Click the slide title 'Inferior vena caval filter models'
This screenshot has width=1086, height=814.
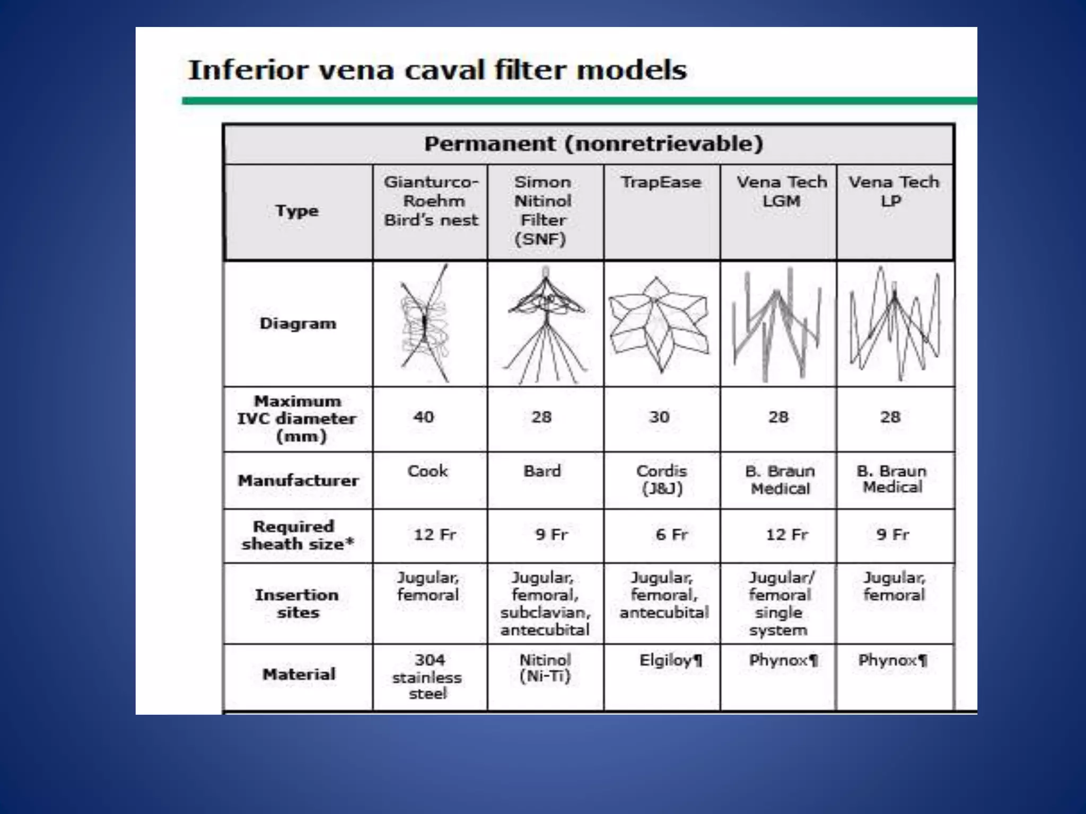(437, 70)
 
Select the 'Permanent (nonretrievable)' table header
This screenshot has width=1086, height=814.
(593, 144)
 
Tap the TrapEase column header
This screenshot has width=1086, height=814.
(661, 182)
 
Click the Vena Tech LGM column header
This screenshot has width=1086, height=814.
(781, 191)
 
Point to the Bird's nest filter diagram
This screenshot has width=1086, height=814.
(425, 323)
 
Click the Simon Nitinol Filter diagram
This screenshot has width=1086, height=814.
(545, 323)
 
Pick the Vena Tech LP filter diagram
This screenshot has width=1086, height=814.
(895, 323)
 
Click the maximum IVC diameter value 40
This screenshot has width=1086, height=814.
(424, 417)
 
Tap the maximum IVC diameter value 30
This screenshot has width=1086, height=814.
(659, 417)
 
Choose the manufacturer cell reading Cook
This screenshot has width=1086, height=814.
(427, 471)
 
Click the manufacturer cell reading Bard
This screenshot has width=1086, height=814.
(542, 471)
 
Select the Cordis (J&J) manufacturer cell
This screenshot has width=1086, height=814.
(662, 479)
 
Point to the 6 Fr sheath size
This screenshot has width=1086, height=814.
(671, 534)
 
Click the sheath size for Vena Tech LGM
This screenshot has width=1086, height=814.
(786, 534)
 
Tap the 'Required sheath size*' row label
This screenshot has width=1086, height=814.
(297, 535)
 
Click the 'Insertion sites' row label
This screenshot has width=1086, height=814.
(297, 604)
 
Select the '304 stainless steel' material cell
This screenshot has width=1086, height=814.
(427, 677)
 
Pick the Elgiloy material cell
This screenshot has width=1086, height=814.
(670, 660)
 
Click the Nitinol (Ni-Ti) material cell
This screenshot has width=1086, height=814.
(545, 668)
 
